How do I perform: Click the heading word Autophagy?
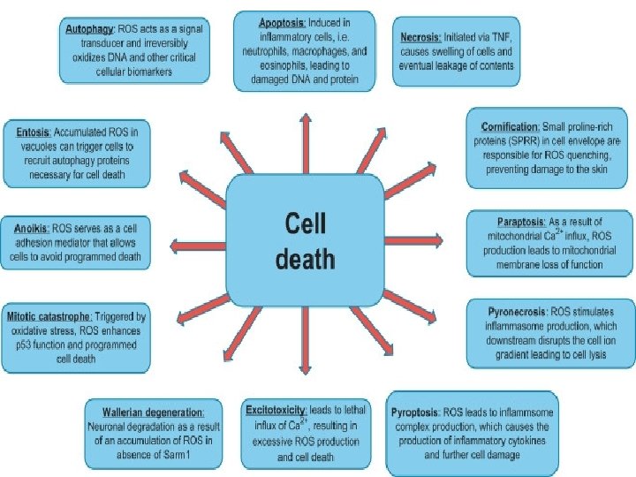89,29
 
